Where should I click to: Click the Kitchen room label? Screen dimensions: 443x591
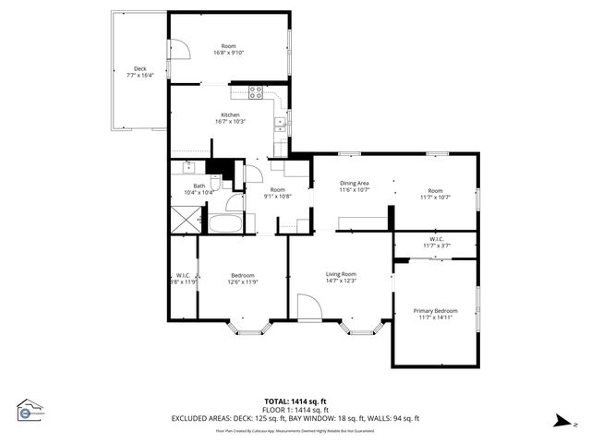tap(230, 115)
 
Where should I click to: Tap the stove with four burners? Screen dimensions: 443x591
tap(256, 91)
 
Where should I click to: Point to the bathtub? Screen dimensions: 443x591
tap(224, 223)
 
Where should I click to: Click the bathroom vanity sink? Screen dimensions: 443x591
tap(187, 167)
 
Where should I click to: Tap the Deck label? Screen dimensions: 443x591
tap(139, 68)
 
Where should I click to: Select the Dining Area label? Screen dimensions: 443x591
tap(355, 184)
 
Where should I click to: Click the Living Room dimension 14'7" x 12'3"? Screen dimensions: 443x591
tap(342, 281)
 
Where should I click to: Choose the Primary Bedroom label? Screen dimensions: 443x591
tap(435, 311)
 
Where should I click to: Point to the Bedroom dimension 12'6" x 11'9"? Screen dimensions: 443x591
tap(243, 281)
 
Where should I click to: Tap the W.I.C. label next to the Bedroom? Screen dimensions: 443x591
tap(184, 275)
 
